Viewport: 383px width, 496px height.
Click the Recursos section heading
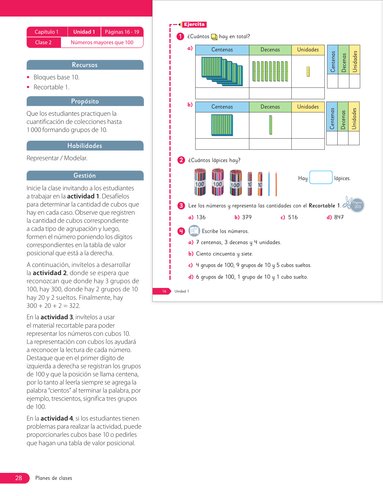[85, 65]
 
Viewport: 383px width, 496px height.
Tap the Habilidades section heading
[85, 146]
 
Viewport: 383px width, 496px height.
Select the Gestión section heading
[85, 176]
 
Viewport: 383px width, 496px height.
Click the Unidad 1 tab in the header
[84, 32]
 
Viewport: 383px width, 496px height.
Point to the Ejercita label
[194, 24]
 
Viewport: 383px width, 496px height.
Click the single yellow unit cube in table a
[308, 72]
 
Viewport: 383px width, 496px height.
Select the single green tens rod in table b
[271, 125]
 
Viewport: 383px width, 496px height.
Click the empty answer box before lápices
[321, 177]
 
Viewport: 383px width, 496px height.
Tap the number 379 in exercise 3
[247, 217]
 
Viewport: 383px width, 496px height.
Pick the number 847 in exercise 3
[339, 217]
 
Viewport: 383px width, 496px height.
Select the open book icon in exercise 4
[194, 231]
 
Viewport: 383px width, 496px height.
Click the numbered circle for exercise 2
[181, 160]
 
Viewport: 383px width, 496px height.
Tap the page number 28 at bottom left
[18, 478]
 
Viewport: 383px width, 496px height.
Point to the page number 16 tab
[164, 291]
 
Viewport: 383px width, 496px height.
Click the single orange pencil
[276, 184]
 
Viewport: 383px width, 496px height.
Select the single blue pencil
[269, 184]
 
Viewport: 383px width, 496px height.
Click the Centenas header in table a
[222, 50]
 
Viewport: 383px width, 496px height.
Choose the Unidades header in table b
[308, 107]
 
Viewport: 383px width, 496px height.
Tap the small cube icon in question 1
[214, 37]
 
